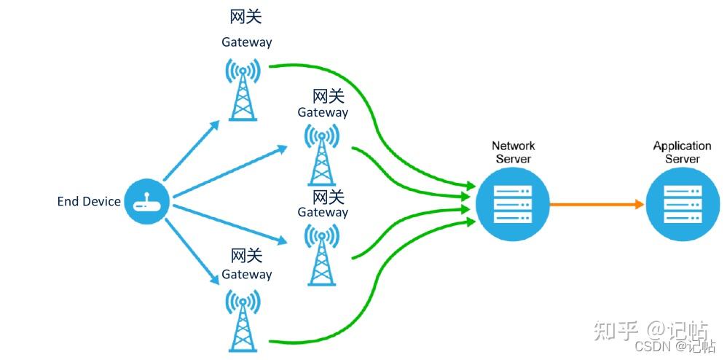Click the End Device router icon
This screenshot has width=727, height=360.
pos(146,201)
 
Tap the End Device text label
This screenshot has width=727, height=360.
pos(89,202)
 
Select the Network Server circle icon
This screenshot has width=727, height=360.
pos(513,204)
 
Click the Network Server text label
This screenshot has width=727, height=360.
pos(513,152)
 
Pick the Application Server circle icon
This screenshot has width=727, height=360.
pos(683,204)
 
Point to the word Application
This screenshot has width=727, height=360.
pos(682,146)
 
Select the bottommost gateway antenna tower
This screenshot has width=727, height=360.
pos(243,321)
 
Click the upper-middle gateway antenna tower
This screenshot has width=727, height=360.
pos(321,154)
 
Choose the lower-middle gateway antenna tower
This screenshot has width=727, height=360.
pos(321,254)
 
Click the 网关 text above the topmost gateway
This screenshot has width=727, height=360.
pos(245,16)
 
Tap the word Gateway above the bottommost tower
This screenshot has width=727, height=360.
pos(246,275)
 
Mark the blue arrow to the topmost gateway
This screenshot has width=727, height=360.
pos(191,150)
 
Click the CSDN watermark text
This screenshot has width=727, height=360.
pos(653,347)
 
